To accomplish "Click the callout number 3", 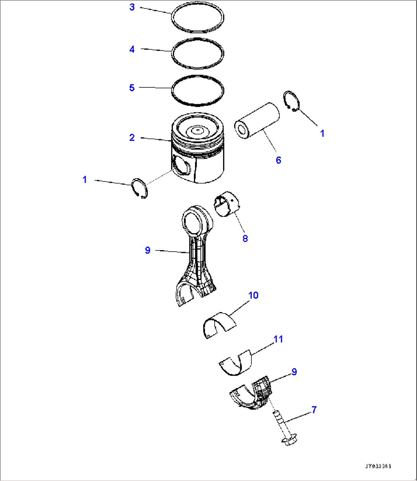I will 132,7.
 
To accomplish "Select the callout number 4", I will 132,49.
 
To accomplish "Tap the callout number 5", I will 132,88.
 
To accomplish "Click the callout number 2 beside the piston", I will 132,137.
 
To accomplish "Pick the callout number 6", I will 278,160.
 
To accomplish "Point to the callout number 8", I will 245,238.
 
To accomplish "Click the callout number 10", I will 253,295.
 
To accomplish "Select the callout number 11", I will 278,339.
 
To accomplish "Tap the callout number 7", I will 314,410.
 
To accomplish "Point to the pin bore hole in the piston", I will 181,167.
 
